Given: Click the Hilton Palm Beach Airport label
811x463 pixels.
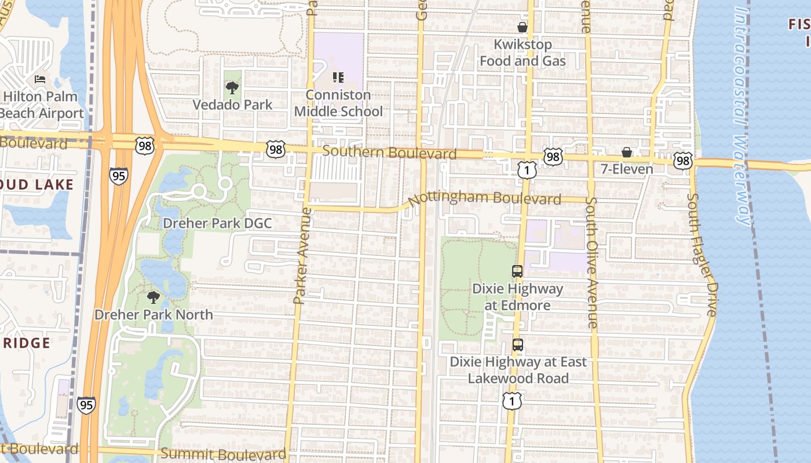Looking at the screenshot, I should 42,105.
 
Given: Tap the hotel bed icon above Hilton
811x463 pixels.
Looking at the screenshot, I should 39,79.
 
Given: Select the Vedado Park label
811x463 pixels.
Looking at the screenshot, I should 232,105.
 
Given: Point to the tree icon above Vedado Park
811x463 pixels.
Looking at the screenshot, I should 232,88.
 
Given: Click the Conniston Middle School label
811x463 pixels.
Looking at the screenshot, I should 339,103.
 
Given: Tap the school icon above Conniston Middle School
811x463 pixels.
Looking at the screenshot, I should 338,78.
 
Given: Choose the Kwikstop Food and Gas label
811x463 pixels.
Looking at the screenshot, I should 523,53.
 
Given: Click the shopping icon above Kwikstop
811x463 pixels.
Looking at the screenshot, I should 523,27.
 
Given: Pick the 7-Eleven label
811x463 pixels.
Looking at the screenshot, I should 627,169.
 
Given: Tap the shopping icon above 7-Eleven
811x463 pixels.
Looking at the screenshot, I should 627,152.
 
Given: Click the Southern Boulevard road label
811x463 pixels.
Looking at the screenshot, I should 389,153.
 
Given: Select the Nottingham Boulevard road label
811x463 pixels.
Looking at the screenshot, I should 484,199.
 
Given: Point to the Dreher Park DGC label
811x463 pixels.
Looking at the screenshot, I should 217,223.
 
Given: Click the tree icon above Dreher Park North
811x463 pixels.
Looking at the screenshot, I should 154,298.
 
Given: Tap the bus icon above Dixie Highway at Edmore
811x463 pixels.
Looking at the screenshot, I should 517,271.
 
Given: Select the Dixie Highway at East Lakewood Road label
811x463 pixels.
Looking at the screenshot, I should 518,370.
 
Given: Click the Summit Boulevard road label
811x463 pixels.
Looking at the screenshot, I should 223,454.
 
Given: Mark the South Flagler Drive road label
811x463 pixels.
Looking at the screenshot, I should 702,255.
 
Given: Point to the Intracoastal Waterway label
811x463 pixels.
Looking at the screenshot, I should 742,116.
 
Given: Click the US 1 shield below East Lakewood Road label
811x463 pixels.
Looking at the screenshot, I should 512,400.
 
